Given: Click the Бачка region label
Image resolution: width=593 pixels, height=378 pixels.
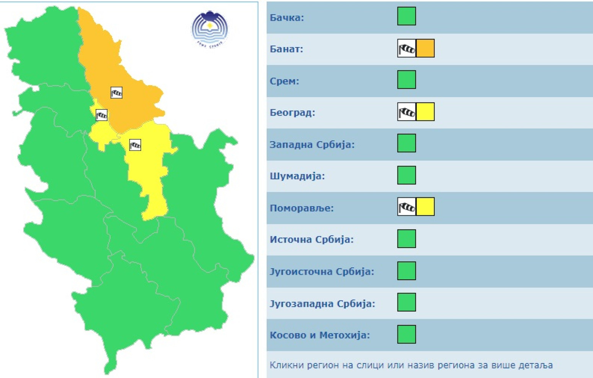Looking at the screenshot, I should coord(287,18).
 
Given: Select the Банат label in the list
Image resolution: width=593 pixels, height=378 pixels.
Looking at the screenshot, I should coord(286,49).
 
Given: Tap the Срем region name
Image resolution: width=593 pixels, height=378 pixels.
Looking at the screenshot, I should coord(284,81).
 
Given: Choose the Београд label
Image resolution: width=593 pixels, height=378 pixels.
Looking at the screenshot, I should coord(292,113).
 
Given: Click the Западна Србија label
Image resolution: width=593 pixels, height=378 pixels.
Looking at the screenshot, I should coord(312,145).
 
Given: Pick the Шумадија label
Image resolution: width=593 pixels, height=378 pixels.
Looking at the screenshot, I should coord(297,176).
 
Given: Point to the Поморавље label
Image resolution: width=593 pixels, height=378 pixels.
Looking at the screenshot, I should coord(301,208).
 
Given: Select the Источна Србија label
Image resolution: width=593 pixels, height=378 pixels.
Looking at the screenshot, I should coord(311,240).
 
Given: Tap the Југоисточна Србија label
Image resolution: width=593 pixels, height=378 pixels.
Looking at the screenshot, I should coord(322,272).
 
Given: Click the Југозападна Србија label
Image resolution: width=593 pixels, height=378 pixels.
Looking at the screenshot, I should coord(322,304).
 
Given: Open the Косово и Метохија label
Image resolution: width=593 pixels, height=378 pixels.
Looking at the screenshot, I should coord(319,335).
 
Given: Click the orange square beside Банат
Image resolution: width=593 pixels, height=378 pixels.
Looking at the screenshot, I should coord(425,48).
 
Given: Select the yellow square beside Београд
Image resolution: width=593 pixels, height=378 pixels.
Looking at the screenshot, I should coord(425,112).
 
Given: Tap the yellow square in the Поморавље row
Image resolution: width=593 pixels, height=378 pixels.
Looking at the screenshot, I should coord(425,207).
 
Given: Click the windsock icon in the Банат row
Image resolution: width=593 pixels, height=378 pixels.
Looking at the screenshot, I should coord(407,48).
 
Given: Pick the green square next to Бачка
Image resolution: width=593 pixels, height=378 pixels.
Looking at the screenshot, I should coord(406,16).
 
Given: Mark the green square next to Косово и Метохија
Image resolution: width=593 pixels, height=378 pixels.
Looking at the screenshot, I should coord(406,334).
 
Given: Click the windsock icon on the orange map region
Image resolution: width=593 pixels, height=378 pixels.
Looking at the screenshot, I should coord(116,93).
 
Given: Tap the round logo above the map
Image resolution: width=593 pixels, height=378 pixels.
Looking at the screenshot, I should coord(209,29).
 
